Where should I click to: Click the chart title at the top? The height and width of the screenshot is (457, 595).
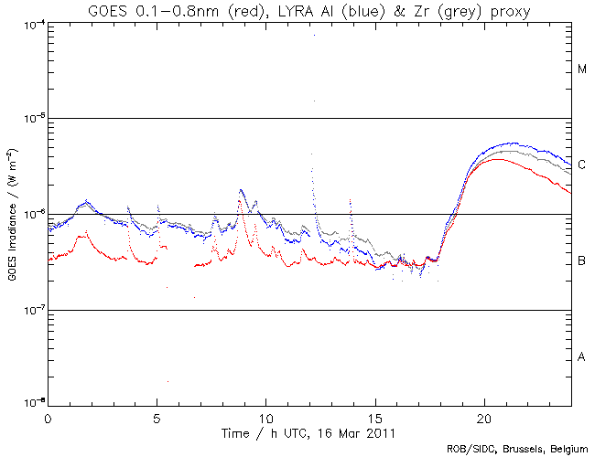pos(309,10)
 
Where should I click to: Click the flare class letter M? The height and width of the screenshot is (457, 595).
pos(582,69)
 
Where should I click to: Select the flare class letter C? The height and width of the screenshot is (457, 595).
pos(582,165)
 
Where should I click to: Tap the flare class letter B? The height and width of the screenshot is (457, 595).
pos(582,261)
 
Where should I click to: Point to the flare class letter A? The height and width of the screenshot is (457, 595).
pos(582,356)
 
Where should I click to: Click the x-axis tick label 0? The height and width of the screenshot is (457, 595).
pos(48,417)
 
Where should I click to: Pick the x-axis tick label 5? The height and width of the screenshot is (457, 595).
pos(157,417)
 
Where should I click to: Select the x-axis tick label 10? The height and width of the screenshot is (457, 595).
pos(265,417)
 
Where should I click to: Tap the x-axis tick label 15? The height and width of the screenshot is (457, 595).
pos(375,417)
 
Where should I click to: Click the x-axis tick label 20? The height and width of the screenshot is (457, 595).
pos(484,417)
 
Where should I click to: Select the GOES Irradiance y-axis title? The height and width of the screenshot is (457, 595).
pos(12,214)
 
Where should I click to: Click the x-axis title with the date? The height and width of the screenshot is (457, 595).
pos(309,430)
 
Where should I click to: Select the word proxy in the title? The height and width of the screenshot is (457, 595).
pos(509,11)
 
